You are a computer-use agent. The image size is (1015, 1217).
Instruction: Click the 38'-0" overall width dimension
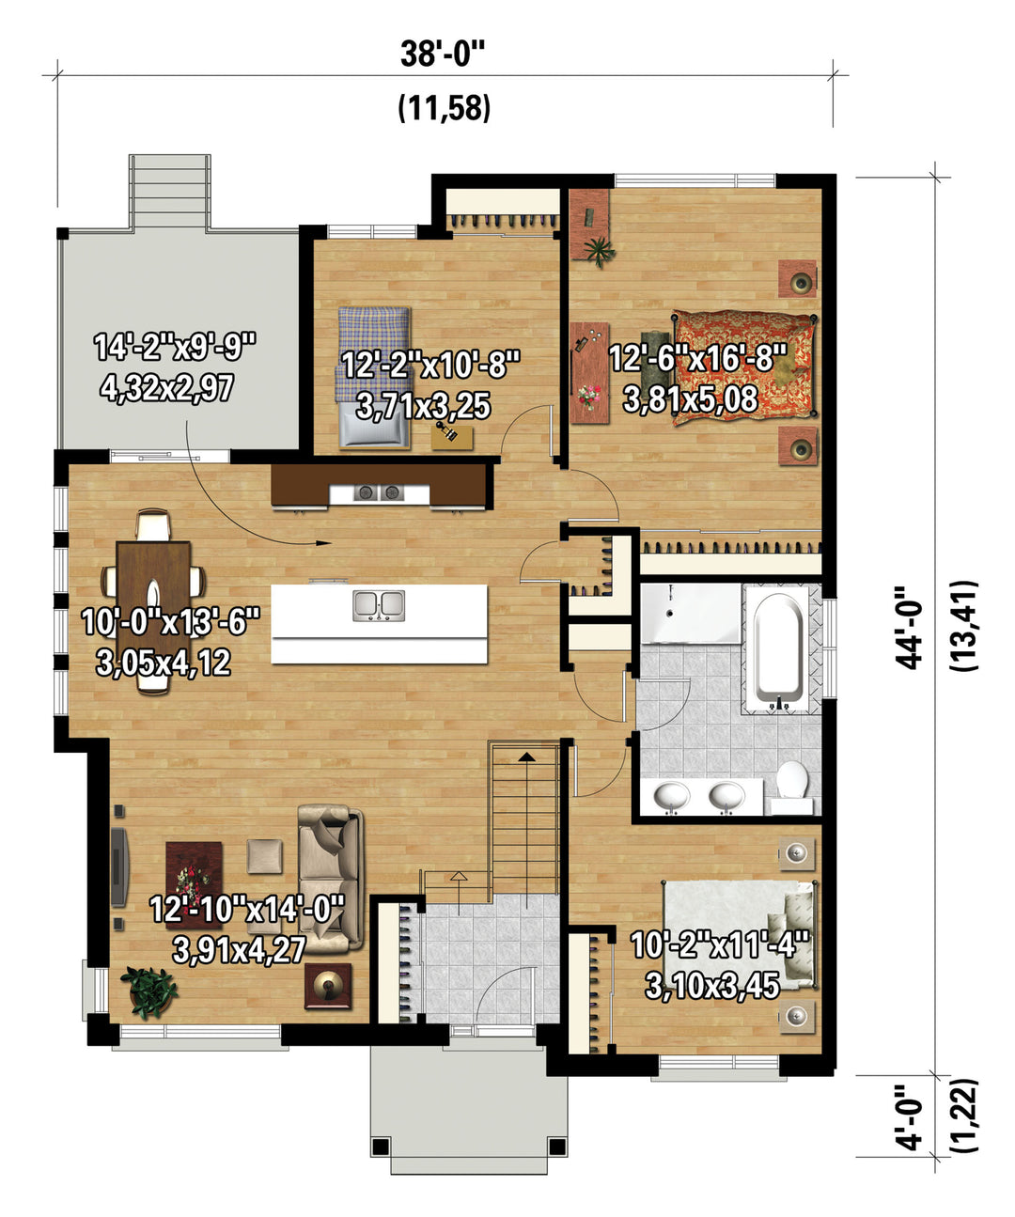(443, 55)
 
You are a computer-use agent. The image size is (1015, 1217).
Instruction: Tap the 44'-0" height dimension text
(910, 627)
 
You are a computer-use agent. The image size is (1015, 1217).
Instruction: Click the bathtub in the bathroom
(779, 648)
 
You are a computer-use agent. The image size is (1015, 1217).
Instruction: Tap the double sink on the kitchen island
(379, 605)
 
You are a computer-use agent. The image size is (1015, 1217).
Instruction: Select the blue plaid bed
(374, 377)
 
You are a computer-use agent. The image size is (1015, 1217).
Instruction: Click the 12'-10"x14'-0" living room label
(246, 909)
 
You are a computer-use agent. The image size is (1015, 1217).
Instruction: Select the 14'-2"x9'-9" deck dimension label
(175, 347)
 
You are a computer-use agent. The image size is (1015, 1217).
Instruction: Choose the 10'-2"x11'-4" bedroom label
(720, 944)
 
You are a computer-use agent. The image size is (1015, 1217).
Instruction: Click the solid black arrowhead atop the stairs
(527, 757)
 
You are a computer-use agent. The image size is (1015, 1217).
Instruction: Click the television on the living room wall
(118, 866)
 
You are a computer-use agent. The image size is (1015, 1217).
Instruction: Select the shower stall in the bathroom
(691, 613)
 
